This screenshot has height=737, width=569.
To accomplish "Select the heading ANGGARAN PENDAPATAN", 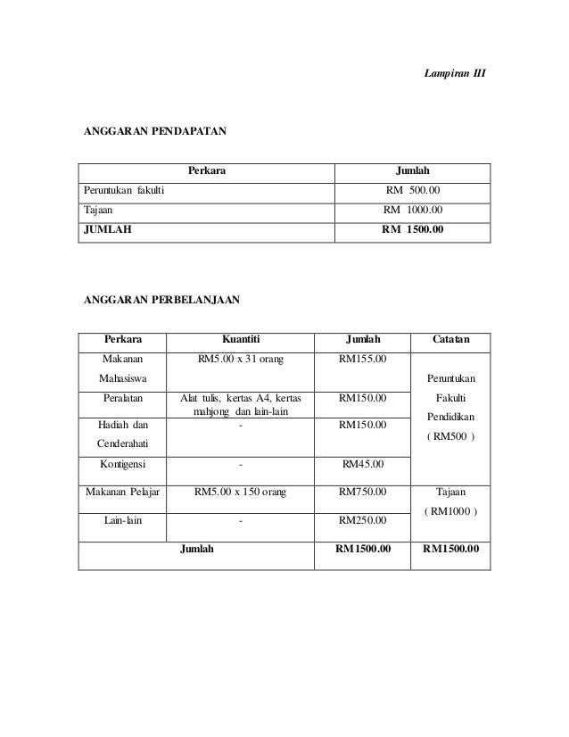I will pos(154,131).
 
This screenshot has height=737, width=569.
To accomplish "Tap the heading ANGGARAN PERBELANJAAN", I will pos(161,301).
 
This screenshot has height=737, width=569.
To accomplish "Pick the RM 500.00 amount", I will pos(411,190).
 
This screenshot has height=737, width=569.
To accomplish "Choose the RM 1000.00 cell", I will pos(411,211).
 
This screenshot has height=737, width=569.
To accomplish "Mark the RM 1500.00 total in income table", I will pos(413,230).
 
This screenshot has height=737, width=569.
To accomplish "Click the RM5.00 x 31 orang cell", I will pos(241,360).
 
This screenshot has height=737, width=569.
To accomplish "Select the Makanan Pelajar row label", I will pos(123,492).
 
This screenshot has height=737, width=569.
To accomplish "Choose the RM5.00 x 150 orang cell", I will pos(241,492).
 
